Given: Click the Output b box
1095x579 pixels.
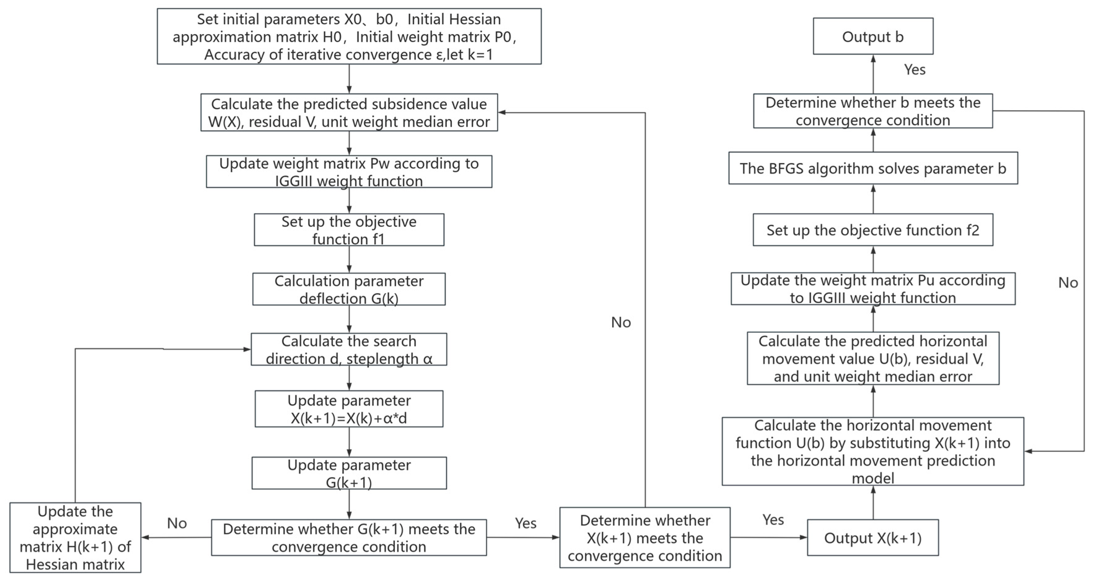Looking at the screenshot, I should click(x=873, y=36).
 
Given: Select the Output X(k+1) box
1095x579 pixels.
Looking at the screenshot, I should click(x=872, y=537).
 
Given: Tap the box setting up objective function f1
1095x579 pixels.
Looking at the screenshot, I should click(x=349, y=230).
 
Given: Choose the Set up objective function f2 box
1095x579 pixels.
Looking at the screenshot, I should click(x=873, y=230).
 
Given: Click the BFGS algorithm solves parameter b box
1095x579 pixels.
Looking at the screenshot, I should click(x=873, y=168).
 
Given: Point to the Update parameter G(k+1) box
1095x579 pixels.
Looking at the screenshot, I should click(x=349, y=473).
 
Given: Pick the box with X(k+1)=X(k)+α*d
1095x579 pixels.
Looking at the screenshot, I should click(x=349, y=409).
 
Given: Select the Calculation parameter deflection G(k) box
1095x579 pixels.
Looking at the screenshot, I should click(x=349, y=289).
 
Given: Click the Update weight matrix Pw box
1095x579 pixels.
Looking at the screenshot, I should click(x=349, y=172).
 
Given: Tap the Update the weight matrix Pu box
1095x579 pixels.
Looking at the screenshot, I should click(x=873, y=289).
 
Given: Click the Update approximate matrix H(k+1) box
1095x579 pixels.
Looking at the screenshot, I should click(x=75, y=537).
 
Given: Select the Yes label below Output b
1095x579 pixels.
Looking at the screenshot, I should click(x=914, y=70).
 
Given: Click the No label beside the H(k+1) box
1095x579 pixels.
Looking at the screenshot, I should click(x=177, y=523).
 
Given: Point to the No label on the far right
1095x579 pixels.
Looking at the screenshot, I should click(x=1068, y=283).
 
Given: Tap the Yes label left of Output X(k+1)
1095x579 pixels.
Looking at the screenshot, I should click(x=773, y=520).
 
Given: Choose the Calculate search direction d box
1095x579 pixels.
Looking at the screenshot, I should click(x=349, y=349).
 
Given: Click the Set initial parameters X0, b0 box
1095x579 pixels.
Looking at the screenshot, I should click(x=349, y=37).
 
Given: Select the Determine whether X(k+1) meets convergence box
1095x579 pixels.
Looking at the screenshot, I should click(x=645, y=537).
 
